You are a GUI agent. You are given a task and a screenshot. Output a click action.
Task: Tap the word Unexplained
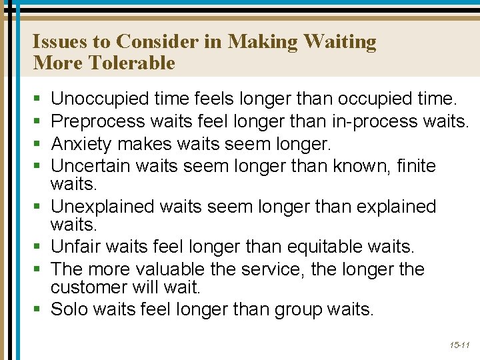click(x=107, y=206)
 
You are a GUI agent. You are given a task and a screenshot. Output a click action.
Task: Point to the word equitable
click(x=325, y=247)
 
